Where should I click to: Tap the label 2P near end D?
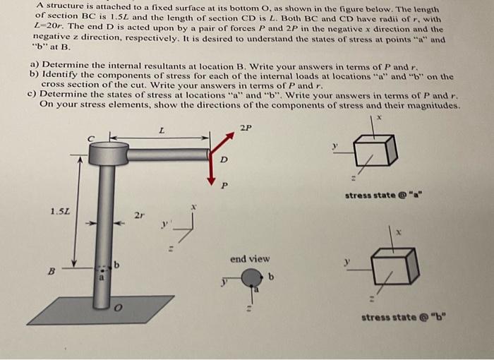[245, 128]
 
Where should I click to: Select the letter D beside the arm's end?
[224, 160]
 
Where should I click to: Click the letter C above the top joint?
[90, 138]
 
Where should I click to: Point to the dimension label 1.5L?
[60, 210]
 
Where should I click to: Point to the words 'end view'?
[249, 259]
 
